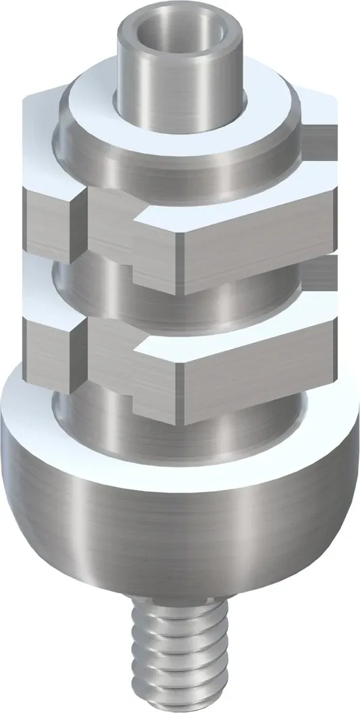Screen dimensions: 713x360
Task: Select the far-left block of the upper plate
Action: click(47, 226)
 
